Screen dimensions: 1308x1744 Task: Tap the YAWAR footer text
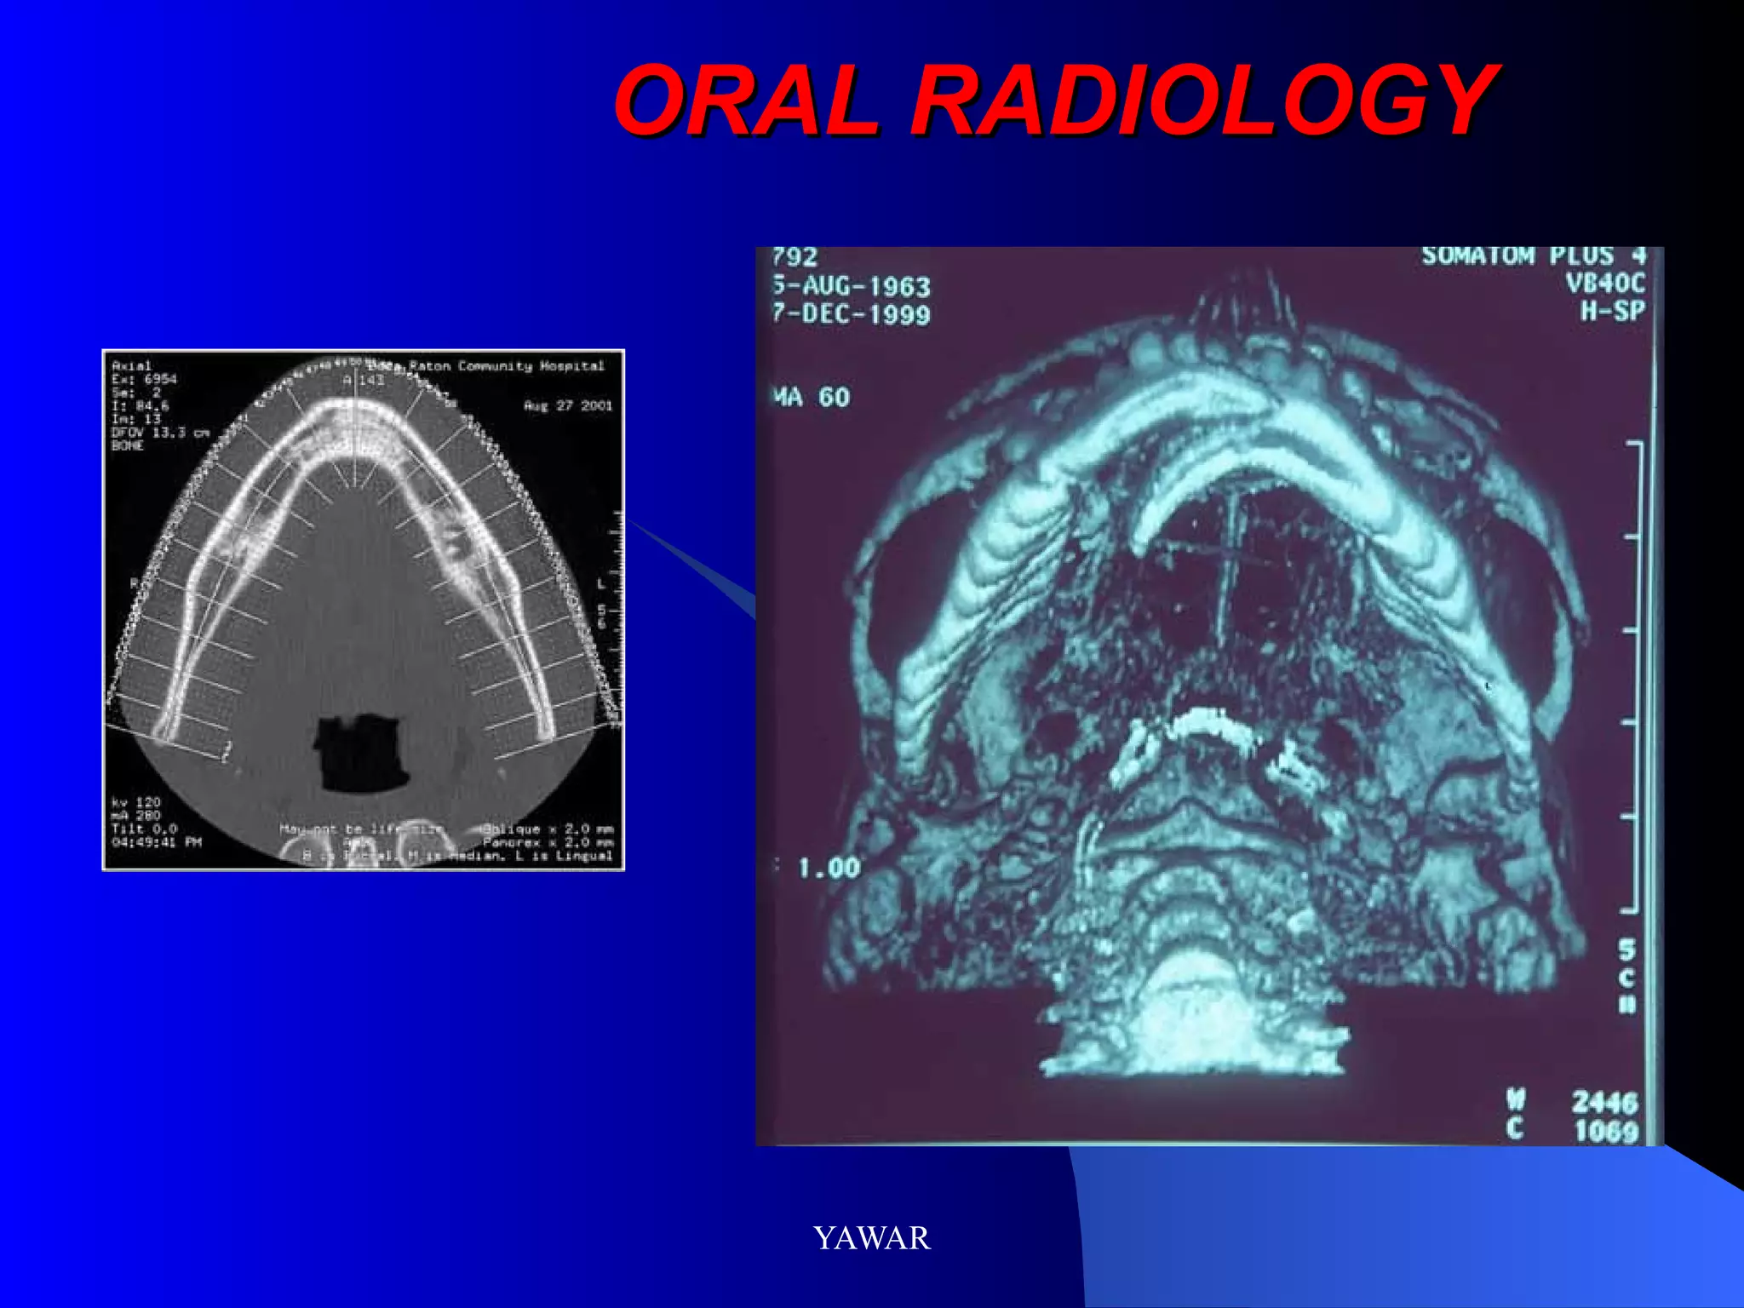[x=872, y=1237]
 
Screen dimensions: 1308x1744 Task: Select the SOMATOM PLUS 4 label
[x=1533, y=256]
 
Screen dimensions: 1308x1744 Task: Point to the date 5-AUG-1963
[x=852, y=286]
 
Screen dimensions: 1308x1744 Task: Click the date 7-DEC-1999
[x=852, y=314]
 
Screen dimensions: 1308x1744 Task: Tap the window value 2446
[x=1604, y=1102]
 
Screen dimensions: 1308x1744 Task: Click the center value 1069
[x=1605, y=1131]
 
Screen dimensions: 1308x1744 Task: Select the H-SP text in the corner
[x=1612, y=311]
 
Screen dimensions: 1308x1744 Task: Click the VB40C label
[x=1605, y=283]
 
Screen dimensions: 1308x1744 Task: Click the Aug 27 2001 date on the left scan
[x=567, y=405]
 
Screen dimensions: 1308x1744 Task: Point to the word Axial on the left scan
[x=131, y=365]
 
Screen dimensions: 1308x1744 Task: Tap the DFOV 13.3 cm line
[x=160, y=433]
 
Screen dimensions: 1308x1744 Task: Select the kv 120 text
[x=136, y=802]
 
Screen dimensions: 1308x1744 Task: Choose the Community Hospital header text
[x=531, y=366]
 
